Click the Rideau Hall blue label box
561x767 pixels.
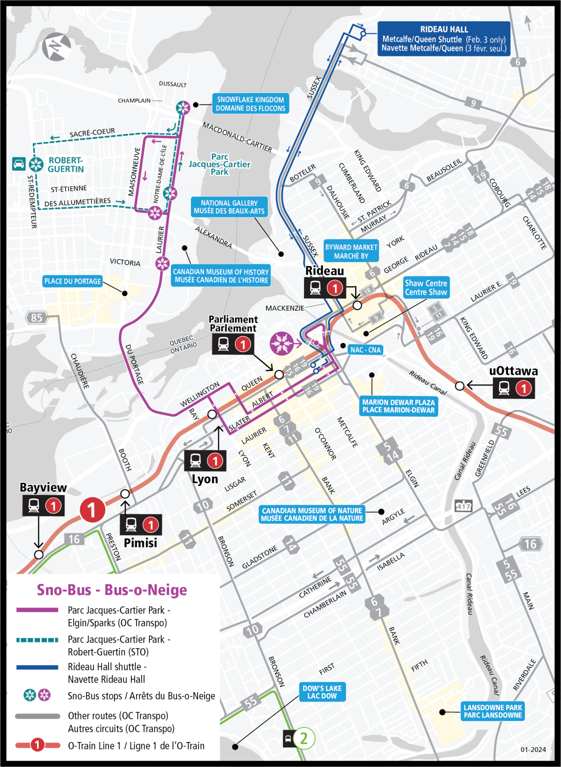[x=443, y=38]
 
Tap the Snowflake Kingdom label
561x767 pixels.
[x=250, y=104]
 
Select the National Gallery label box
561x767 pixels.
[x=229, y=207]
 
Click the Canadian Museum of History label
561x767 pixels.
[x=220, y=276]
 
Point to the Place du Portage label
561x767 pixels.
[x=72, y=281]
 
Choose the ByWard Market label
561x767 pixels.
[x=351, y=251]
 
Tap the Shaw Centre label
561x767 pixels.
[x=426, y=288]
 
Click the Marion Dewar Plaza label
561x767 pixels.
[x=398, y=406]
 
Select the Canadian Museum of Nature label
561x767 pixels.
[x=312, y=514]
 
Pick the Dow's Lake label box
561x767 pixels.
[x=322, y=692]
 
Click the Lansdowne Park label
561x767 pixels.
[x=492, y=711]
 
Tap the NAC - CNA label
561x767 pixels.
[x=365, y=350]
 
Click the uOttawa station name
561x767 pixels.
[x=513, y=371]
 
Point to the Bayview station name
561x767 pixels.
[x=43, y=487]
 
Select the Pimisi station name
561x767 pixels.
[x=140, y=543]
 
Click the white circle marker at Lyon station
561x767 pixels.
[x=212, y=414]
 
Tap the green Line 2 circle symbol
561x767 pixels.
[x=303, y=738]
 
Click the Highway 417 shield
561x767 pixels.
[x=463, y=506]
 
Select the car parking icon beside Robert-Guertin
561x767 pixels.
[x=19, y=164]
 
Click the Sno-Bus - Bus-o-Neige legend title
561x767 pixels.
[x=112, y=590]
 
